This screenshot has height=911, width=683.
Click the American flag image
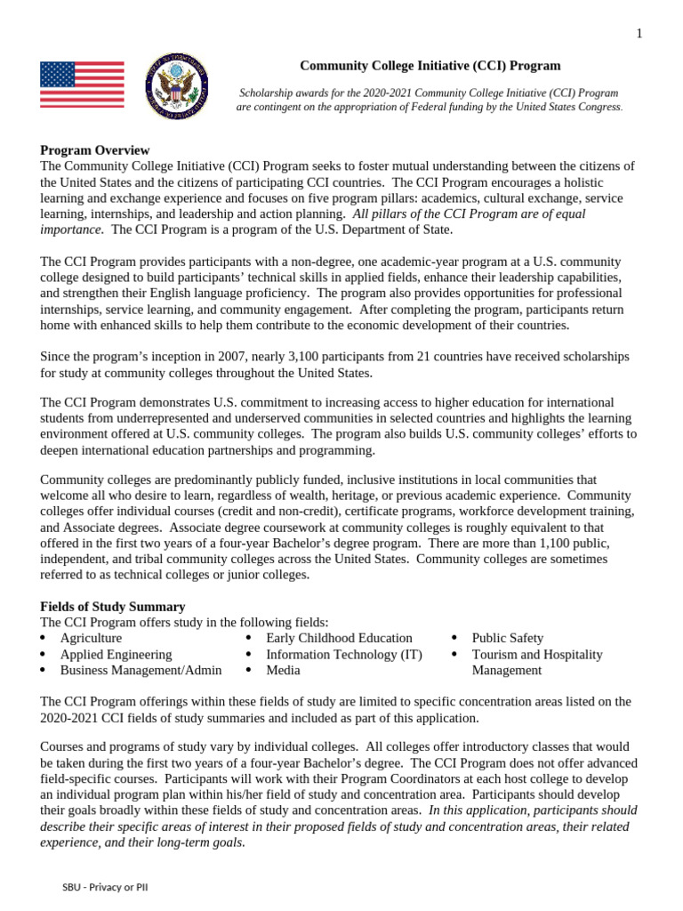(82, 85)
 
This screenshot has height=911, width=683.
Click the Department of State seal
(178, 85)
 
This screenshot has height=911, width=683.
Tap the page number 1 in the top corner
(639, 34)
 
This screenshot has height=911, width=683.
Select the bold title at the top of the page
(430, 65)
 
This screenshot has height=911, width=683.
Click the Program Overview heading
(95, 150)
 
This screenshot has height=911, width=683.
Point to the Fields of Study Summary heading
(113, 606)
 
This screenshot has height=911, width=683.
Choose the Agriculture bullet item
(91, 638)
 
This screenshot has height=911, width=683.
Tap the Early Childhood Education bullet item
(339, 638)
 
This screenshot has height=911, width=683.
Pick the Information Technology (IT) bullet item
(344, 654)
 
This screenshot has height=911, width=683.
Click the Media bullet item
(283, 670)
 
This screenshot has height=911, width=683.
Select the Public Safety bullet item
(507, 638)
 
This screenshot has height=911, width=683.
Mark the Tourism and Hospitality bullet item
(536, 654)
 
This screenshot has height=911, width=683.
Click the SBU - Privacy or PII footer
(105, 888)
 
